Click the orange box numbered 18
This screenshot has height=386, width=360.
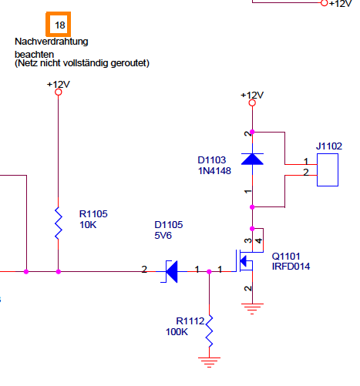coord(59,24)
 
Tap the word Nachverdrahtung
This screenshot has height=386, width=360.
coord(52,42)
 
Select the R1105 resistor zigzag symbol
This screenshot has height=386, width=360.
coord(59,223)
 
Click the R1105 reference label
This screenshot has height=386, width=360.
coord(93,214)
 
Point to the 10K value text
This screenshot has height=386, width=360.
coord(88,225)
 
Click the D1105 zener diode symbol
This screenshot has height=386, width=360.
coord(171,271)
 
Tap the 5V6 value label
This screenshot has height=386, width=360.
coord(163,236)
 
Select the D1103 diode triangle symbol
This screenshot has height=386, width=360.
coord(252,159)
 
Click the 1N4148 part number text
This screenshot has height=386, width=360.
coord(214,171)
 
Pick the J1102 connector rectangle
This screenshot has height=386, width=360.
coord(328,170)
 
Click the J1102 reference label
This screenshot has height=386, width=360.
coord(329,146)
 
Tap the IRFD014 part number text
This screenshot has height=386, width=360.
coord(291,267)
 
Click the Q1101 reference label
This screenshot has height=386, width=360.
coord(286,256)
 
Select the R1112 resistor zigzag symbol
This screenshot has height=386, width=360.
coord(210,331)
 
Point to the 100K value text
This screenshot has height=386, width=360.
coord(177,332)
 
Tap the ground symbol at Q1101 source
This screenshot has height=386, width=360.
coord(252,309)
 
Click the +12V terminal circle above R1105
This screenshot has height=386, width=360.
coord(59,92)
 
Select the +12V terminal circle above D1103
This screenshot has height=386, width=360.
coord(252,103)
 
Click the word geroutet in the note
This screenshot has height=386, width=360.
coord(130,63)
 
